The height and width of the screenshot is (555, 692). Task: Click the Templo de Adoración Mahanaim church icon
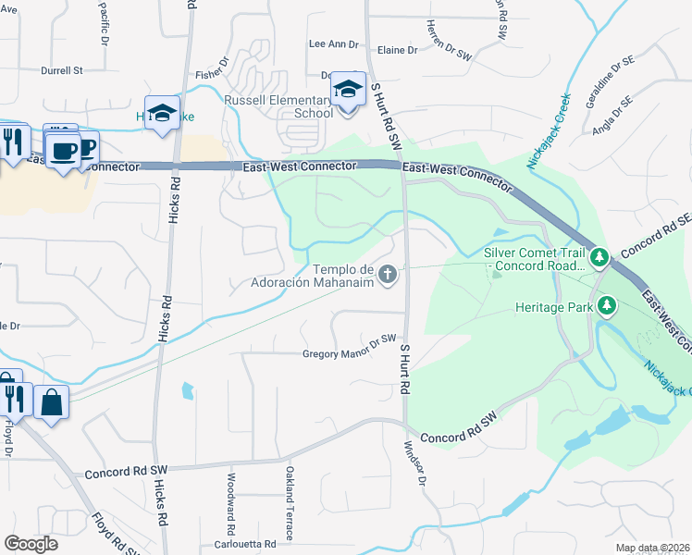coord(389,274)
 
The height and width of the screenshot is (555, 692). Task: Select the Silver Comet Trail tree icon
coord(599,255)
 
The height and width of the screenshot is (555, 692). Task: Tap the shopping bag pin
coord(51,402)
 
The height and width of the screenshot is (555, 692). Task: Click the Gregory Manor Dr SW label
coord(349,353)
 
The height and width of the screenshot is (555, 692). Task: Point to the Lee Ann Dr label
coord(332,43)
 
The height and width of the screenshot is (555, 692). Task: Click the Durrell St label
coord(62,69)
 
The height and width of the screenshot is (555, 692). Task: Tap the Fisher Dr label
coord(212,75)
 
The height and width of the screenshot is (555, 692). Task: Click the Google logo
coord(31,544)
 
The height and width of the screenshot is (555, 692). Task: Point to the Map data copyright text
coord(651,548)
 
